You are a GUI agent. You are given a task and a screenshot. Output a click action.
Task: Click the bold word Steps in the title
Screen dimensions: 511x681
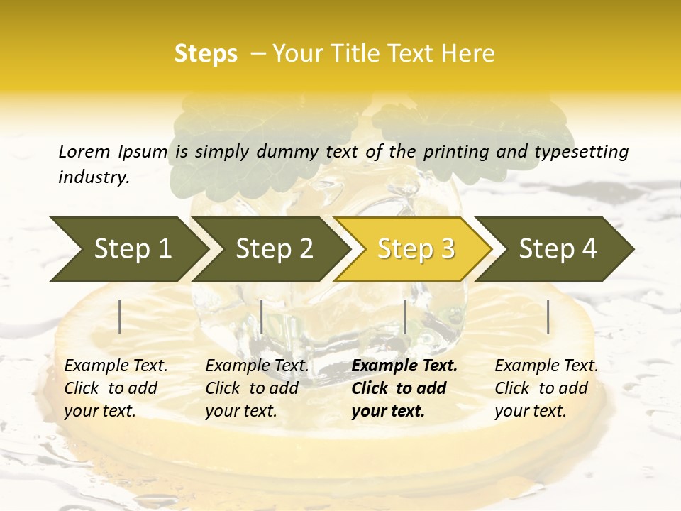206,54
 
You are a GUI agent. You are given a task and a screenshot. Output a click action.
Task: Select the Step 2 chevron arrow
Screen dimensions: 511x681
270,249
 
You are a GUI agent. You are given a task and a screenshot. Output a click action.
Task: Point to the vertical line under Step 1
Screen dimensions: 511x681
120,317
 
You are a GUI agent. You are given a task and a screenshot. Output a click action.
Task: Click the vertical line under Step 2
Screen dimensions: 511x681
262,317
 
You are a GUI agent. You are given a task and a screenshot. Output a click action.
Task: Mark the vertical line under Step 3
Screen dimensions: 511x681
405,317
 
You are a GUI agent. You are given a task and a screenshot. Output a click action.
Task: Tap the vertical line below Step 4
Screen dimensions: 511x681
548,317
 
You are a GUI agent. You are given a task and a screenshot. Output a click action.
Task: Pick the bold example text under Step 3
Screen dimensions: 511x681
404,388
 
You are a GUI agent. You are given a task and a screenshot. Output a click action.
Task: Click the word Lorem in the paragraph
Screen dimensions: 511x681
84,152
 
